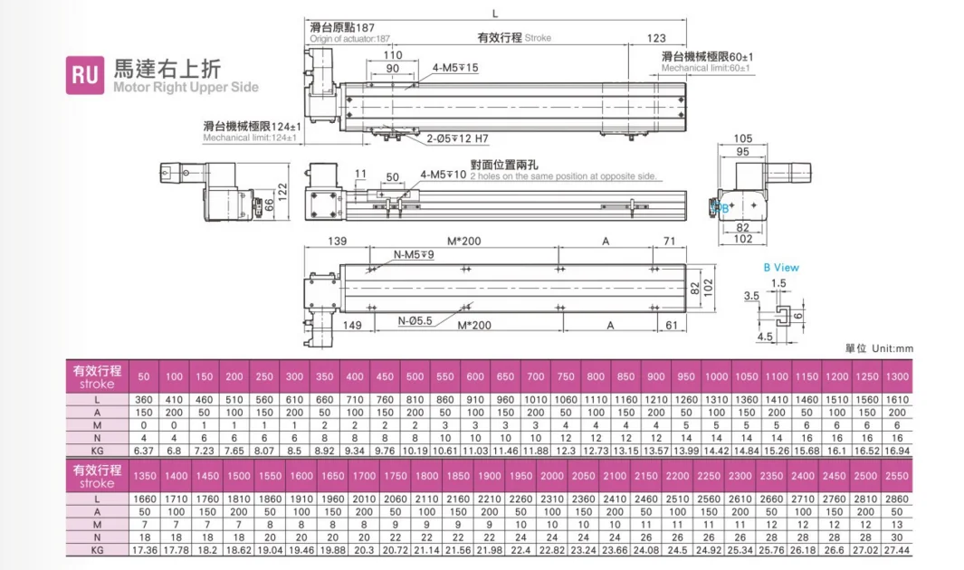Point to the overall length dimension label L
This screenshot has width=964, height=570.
(x=494, y=13)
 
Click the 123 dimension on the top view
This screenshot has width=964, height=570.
(x=657, y=38)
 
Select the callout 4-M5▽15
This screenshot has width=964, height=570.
(x=454, y=68)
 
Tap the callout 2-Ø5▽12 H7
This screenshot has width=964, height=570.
(x=457, y=138)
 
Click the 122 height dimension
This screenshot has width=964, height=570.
(x=282, y=192)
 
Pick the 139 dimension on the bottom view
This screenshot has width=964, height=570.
(x=336, y=242)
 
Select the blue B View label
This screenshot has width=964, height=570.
(x=780, y=268)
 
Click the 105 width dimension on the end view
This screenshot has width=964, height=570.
(x=742, y=138)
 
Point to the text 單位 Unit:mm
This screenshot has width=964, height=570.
(x=880, y=348)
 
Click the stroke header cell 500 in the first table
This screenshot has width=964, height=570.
(x=415, y=377)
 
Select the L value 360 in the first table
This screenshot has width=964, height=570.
(x=144, y=399)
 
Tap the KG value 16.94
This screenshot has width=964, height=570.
(x=897, y=450)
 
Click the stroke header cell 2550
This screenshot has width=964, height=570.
(x=897, y=476)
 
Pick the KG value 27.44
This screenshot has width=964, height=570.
(x=897, y=549)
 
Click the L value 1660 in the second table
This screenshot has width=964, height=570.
(x=144, y=499)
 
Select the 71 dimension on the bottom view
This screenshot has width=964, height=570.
(x=670, y=242)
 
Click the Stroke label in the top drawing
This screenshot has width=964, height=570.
(x=538, y=38)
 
